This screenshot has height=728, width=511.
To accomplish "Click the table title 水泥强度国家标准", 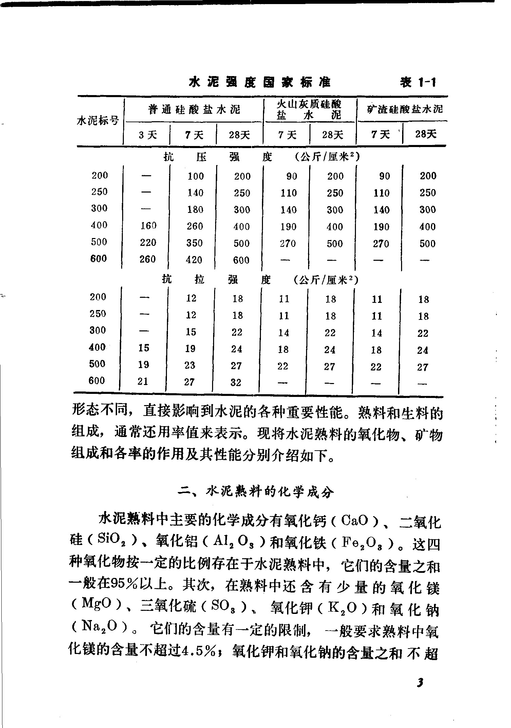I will (x=260, y=83).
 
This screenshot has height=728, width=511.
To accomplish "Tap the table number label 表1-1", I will (x=418, y=83).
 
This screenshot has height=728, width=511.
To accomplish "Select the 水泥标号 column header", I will (x=98, y=121).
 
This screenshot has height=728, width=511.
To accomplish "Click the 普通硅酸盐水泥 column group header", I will (x=194, y=109).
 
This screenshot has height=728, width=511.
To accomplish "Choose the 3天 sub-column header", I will (x=148, y=135).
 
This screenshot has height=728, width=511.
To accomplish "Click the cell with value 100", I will (x=196, y=176).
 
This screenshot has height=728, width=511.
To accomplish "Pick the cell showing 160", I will (x=148, y=225).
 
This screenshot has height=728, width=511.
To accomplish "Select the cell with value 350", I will (x=195, y=243).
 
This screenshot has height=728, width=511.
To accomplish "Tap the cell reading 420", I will (x=194, y=260).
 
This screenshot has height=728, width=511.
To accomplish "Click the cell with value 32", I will (x=236, y=382).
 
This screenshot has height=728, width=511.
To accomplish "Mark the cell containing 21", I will (x=143, y=381).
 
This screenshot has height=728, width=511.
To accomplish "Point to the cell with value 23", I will (x=190, y=365).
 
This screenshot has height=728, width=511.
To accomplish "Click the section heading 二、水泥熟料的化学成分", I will (x=257, y=492).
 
